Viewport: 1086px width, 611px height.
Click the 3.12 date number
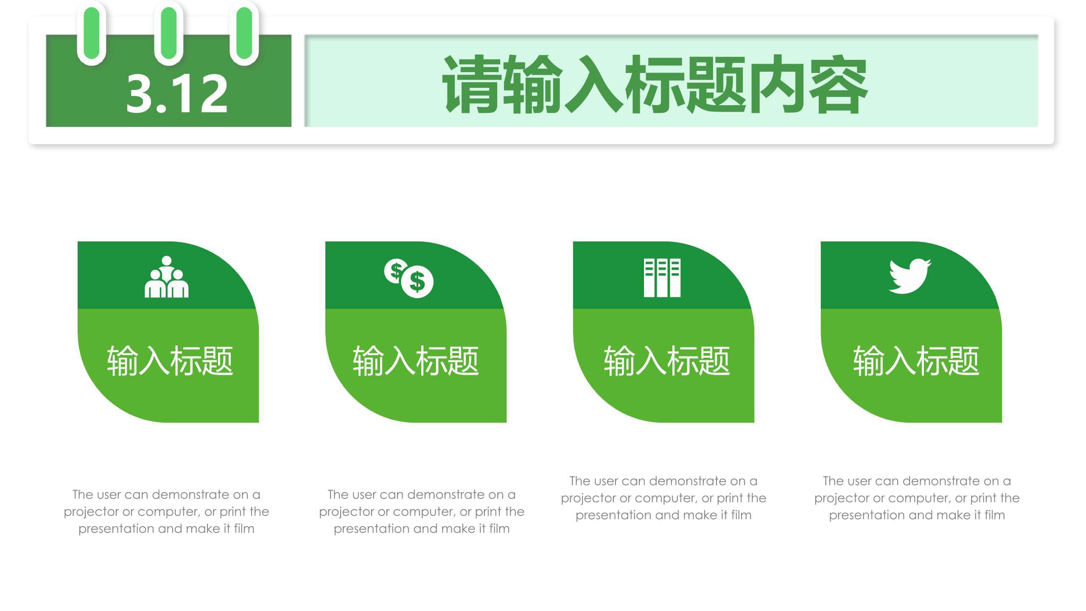[x=176, y=93]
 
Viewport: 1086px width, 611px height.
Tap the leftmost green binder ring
[x=92, y=33]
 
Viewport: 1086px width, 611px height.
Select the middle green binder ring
[x=169, y=33]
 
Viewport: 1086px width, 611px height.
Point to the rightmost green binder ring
[x=244, y=33]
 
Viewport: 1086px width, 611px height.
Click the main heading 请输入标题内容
[x=655, y=84]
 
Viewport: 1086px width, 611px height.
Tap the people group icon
[x=166, y=277]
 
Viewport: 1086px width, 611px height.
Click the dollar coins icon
[x=409, y=278]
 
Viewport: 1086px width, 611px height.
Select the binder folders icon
[x=662, y=277]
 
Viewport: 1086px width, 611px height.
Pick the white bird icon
[x=910, y=276]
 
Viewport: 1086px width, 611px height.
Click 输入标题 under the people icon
[x=170, y=361]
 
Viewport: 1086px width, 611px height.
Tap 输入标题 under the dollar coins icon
[x=416, y=361]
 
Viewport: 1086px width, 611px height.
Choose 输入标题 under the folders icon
[x=667, y=361]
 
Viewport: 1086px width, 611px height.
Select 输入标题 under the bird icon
[x=916, y=361]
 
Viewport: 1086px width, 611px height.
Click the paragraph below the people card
[x=166, y=511]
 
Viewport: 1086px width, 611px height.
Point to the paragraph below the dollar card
[x=422, y=511]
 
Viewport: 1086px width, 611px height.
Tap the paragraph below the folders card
[x=663, y=498]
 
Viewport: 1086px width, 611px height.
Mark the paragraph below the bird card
[x=917, y=498]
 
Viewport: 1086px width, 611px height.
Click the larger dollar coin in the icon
[x=417, y=282]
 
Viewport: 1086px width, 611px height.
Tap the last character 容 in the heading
[x=838, y=84]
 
